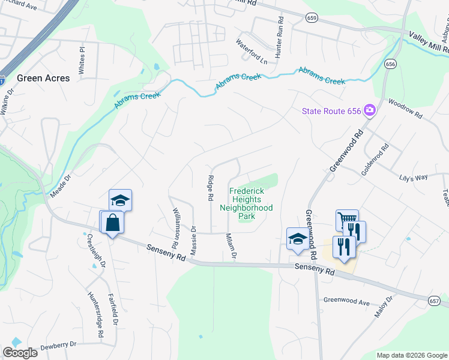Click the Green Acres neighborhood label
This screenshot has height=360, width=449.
[43, 78]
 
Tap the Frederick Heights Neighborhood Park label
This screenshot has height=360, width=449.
[246, 203]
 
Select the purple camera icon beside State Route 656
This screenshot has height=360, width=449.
[370, 110]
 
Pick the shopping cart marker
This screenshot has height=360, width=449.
[347, 221]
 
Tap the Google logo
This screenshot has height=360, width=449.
[20, 353]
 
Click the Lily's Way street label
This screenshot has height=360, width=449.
[413, 178]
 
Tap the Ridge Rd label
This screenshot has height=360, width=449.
[211, 188]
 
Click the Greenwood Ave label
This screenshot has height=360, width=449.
[346, 301]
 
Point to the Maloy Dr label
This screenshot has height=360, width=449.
[385, 308]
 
